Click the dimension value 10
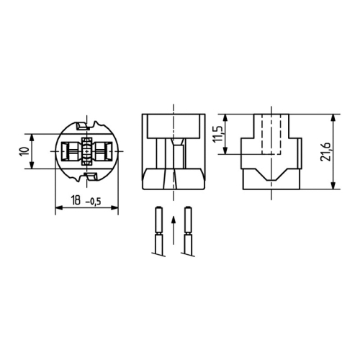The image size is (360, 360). click(x=24, y=152)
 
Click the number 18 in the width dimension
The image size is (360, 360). click(x=76, y=200)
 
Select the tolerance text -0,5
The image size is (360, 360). click(x=94, y=202)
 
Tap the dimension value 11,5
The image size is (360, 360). click(x=218, y=134)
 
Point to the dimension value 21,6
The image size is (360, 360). click(x=325, y=152)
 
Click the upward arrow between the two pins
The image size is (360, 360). click(x=174, y=230)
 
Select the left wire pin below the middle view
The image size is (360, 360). click(x=158, y=231)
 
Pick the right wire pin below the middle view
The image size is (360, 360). click(x=189, y=231)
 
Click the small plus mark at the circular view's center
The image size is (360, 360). click(x=86, y=151)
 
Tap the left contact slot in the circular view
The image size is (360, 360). click(x=70, y=151)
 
